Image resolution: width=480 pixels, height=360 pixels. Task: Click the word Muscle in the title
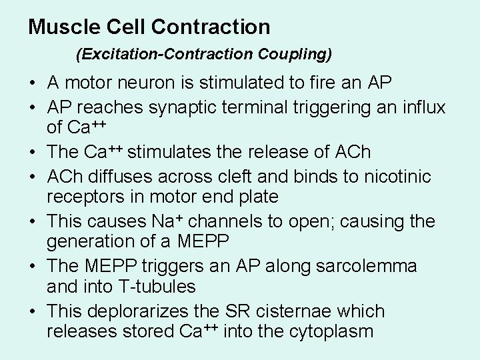pyautogui.click(x=63, y=27)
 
